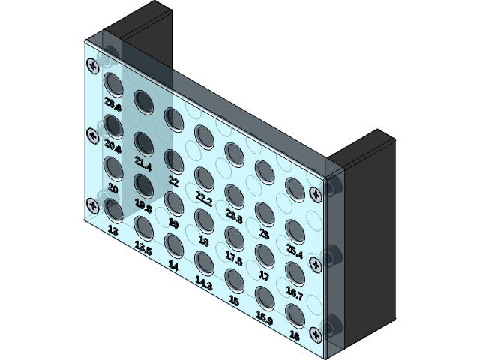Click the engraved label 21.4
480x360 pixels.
point(142,162)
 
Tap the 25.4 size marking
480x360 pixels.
point(294,253)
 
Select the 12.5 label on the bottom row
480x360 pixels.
point(142,247)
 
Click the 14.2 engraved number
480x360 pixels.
point(202,282)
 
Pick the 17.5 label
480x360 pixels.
point(234,259)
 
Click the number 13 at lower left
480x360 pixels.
point(113,231)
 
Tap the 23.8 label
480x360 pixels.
point(234,218)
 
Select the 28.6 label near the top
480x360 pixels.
point(113,103)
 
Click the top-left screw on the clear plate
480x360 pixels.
point(92,64)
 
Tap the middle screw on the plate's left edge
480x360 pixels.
point(92,136)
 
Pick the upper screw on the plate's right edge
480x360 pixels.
point(316,193)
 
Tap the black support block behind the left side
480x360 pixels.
point(142,30)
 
